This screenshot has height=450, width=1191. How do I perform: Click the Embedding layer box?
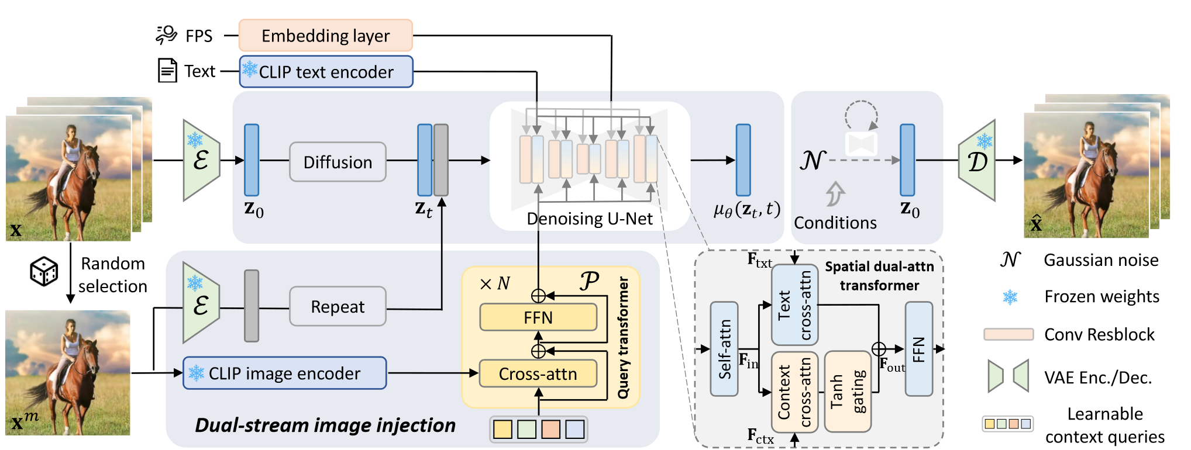325,36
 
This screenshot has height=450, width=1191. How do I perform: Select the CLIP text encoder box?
326,72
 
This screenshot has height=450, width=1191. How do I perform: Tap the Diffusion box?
338,162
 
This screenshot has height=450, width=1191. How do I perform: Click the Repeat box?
338,306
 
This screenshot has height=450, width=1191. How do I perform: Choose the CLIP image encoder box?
284,373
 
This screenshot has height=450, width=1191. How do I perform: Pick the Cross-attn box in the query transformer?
538,374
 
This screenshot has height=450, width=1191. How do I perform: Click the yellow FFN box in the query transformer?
538,317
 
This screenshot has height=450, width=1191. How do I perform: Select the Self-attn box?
724,349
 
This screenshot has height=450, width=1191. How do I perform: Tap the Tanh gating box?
848,392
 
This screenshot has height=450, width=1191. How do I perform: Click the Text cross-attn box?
794,305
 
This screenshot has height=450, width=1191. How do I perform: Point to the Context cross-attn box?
794,392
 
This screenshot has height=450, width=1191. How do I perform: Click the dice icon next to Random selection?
44,272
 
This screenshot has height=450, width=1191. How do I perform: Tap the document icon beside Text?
167,71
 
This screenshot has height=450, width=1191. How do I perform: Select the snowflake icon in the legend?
1010,297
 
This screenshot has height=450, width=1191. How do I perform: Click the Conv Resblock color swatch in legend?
1008,334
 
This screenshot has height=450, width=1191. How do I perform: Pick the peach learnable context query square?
550,429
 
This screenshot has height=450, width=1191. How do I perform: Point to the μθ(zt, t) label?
746,209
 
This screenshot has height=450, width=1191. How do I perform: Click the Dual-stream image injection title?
325,425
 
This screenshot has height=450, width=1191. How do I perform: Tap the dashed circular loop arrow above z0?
861,116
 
